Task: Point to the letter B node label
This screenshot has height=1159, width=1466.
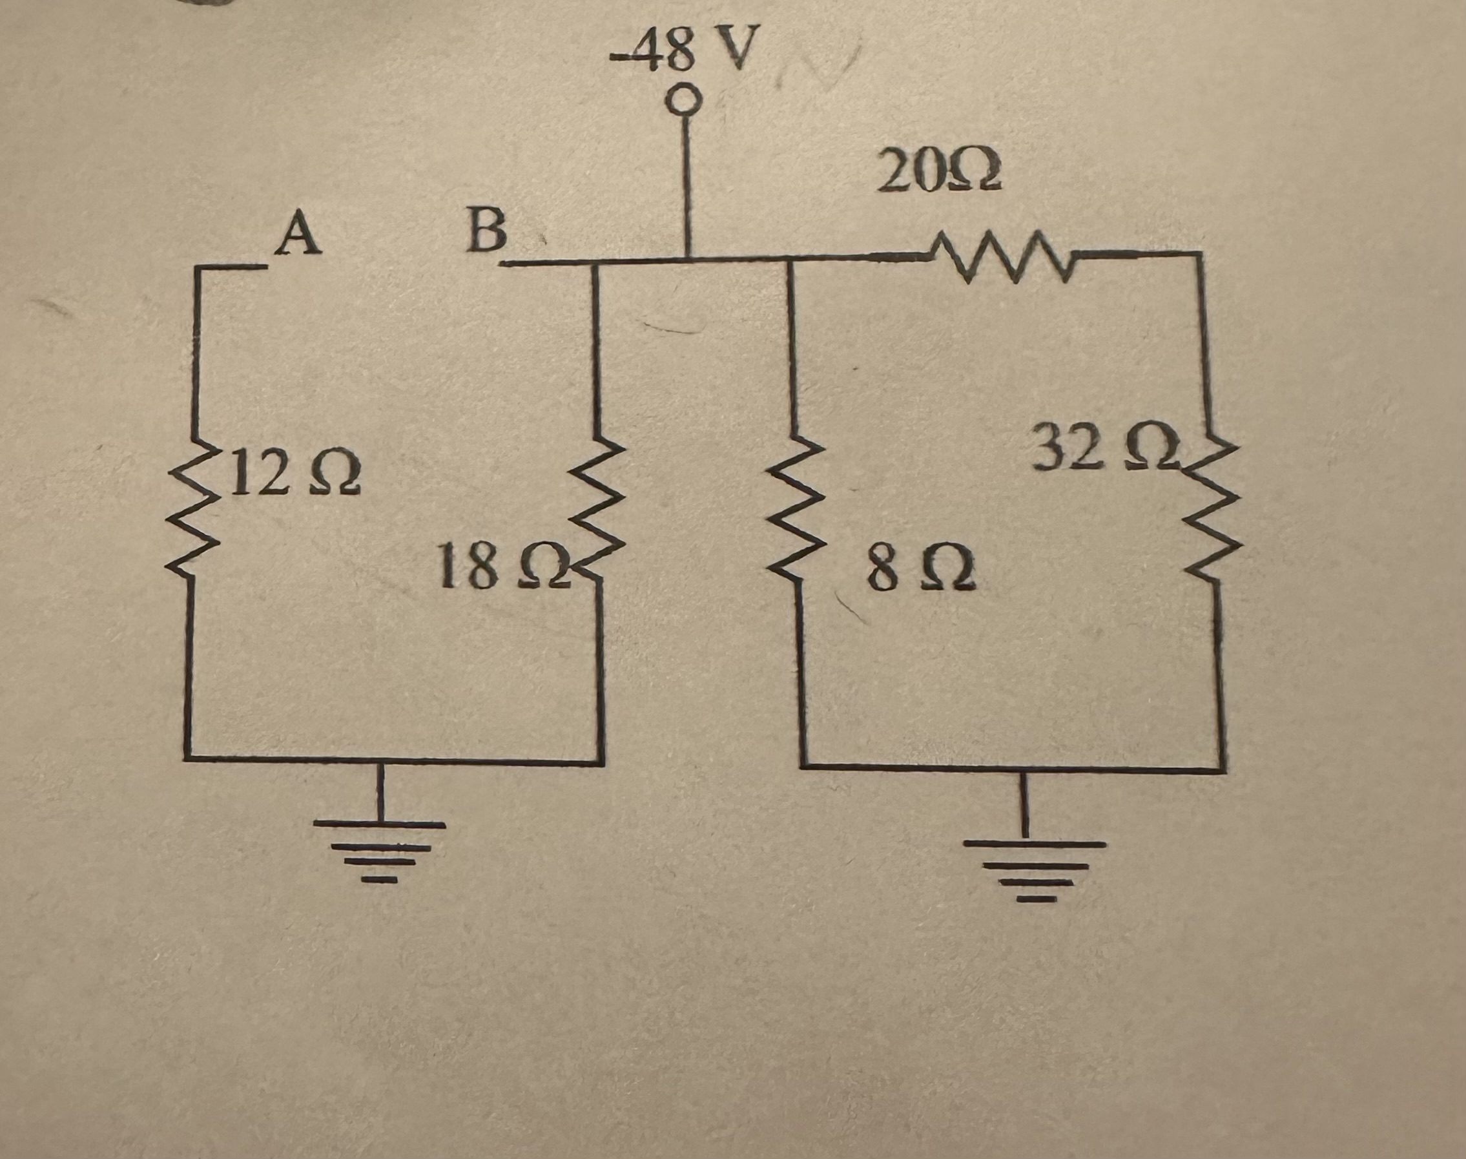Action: (487, 231)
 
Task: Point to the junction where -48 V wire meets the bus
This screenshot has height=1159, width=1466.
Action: (688, 259)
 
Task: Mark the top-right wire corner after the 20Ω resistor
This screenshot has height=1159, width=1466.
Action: (1201, 254)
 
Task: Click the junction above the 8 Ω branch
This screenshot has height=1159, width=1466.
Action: (789, 258)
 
